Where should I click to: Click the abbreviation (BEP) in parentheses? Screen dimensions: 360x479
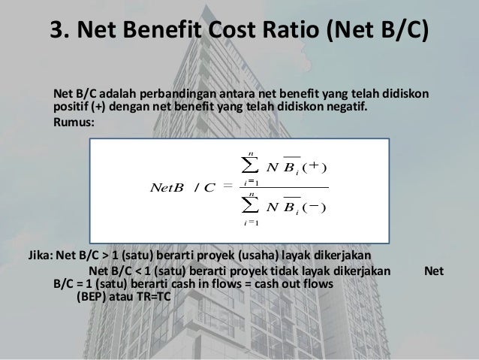tap(93, 298)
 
